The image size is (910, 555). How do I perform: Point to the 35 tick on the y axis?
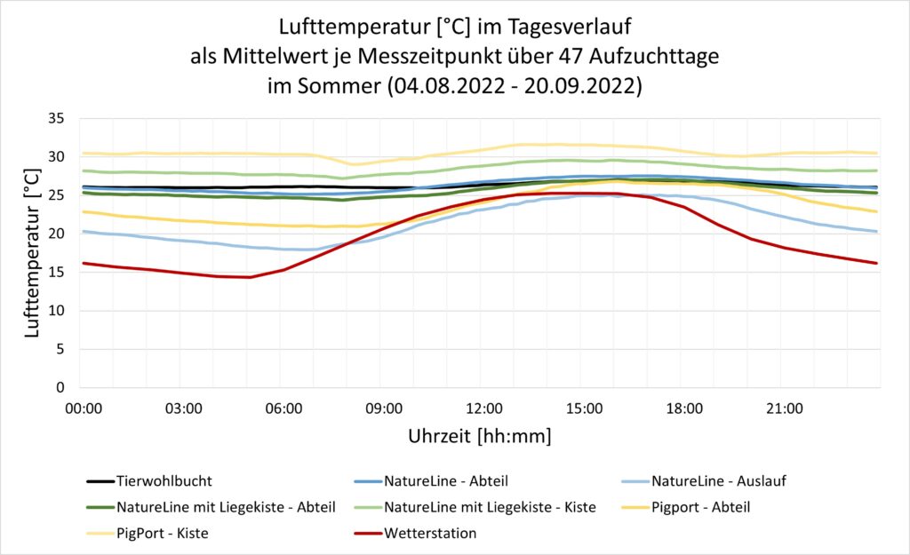57,118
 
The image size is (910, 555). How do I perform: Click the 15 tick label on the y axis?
57,273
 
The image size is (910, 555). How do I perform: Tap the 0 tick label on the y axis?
61,388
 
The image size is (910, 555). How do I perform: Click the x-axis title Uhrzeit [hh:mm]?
479,437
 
